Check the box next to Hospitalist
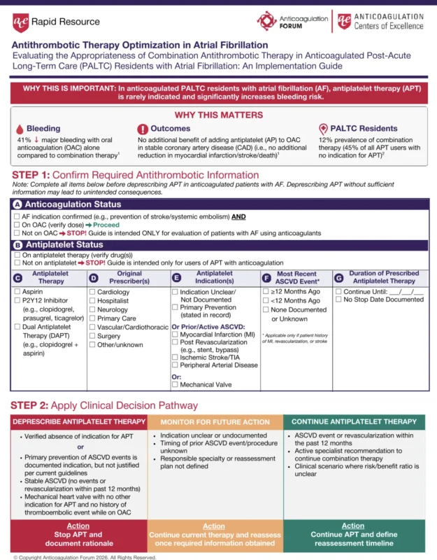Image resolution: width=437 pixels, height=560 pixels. pyautogui.click(x=93, y=300)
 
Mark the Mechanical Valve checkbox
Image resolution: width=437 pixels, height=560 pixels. pyautogui.click(x=175, y=384)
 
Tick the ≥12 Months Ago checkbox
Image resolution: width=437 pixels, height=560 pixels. pyautogui.click(x=266, y=291)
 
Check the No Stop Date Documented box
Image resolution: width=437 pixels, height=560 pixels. pyautogui.click(x=339, y=300)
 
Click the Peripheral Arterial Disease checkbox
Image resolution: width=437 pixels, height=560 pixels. pyautogui.click(x=175, y=365)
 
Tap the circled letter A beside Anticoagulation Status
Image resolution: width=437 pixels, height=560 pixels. pyautogui.click(x=17, y=204)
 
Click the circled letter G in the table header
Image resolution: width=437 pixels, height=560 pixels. pyautogui.click(x=338, y=278)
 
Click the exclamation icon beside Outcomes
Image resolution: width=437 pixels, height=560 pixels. pyautogui.click(x=143, y=129)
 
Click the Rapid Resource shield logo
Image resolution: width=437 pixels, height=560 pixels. pyautogui.click(x=21, y=22)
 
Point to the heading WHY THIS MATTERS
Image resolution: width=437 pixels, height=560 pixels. pyautogui.click(x=217, y=114)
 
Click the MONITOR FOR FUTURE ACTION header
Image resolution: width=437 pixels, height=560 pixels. pyautogui.click(x=214, y=422)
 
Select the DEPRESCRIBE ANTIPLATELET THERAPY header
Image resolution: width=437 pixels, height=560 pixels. pyautogui.click(x=78, y=422)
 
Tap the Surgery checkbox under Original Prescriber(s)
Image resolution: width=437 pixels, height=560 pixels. pyautogui.click(x=93, y=336)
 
